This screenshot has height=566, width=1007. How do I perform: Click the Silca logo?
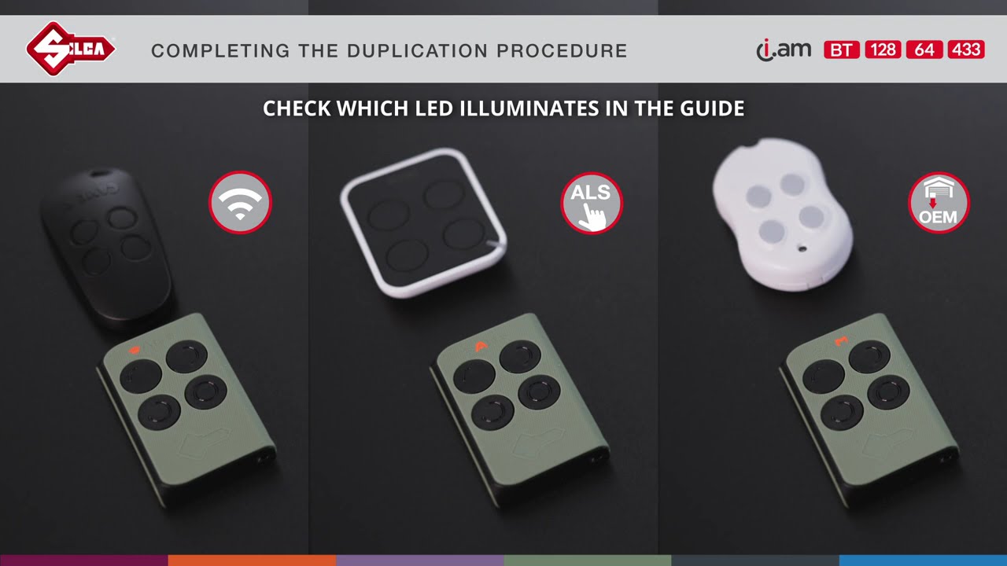71,49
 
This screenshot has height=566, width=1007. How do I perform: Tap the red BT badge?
841,50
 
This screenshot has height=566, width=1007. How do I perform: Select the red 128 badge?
883,50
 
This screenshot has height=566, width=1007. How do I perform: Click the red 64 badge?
924,50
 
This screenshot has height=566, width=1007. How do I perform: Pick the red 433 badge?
966,50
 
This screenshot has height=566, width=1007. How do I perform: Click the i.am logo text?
784,50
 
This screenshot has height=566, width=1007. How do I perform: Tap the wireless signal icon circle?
240,203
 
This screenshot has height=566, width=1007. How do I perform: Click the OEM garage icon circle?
939,203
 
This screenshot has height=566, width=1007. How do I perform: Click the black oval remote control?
106,244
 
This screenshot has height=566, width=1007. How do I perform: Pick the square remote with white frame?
423,222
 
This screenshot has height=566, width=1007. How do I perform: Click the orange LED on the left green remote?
135,348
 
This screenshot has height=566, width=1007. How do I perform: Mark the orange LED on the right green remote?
841,341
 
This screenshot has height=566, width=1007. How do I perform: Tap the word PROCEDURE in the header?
562,51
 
